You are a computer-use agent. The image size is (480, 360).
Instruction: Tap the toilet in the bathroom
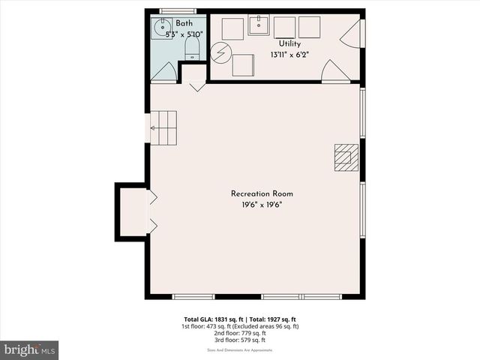click(x=190, y=49)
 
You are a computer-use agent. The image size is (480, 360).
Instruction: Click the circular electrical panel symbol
click(x=220, y=52)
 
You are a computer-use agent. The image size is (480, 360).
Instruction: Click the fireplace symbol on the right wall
click(x=346, y=157)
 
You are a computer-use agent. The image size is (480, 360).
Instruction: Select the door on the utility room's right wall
click(x=352, y=34)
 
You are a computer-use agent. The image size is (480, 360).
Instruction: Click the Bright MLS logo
click(x=30, y=349)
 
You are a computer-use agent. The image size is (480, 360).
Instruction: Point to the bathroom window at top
click(x=178, y=10)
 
